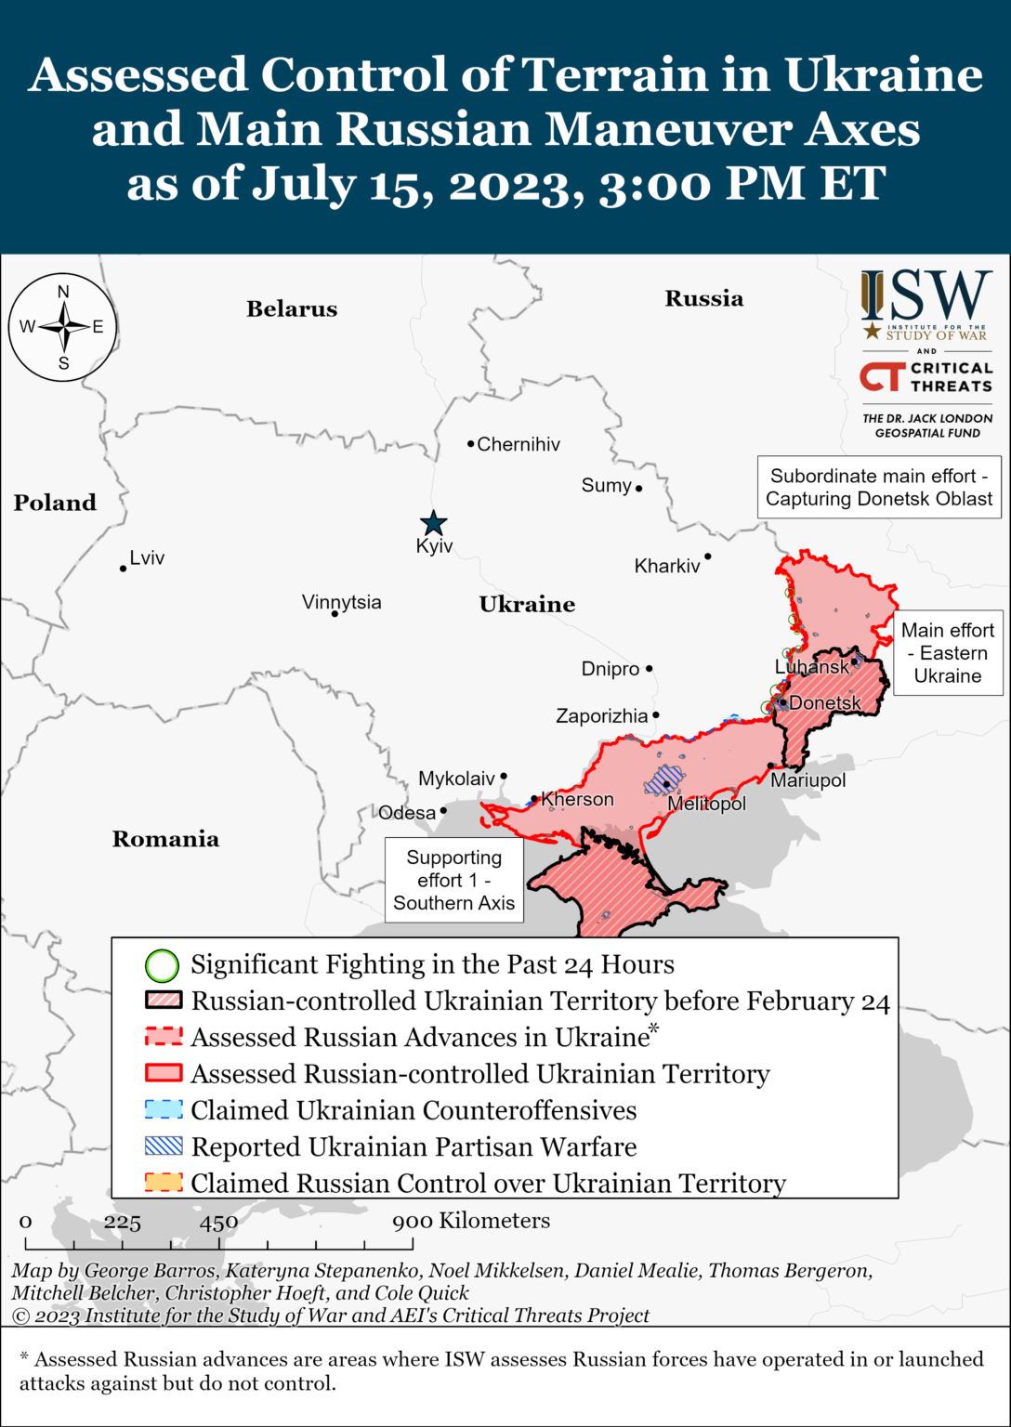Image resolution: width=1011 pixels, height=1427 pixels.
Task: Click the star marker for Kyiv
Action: pyautogui.click(x=433, y=523)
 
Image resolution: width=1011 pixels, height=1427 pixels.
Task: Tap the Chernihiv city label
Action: pyautogui.click(x=519, y=444)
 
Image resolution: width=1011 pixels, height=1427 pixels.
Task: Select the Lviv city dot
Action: pyautogui.click(x=123, y=568)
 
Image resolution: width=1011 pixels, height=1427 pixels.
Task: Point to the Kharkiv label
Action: pyautogui.click(x=667, y=566)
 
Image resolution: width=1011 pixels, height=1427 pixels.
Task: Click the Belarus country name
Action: pyautogui.click(x=292, y=309)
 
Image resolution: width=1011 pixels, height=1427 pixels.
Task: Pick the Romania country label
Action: pyautogui.click(x=165, y=839)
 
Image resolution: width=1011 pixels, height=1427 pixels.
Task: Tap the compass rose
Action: pyautogui.click(x=63, y=327)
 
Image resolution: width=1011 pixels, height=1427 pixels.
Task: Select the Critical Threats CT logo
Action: pyautogui.click(x=881, y=376)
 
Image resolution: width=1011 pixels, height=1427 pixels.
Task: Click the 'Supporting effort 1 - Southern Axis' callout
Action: pyautogui.click(x=453, y=880)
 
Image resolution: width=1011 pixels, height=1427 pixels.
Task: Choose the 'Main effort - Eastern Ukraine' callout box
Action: pyautogui.click(x=948, y=653)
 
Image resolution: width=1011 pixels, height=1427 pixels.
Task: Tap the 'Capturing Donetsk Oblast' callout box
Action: pyautogui.click(x=879, y=487)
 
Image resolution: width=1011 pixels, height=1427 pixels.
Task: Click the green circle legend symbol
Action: pyautogui.click(x=162, y=965)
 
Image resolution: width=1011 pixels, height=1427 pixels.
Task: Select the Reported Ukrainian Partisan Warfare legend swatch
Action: pyautogui.click(x=164, y=1146)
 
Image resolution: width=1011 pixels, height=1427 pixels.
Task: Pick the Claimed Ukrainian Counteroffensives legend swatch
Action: pyautogui.click(x=164, y=1110)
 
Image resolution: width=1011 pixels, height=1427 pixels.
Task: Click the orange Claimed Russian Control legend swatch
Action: pyautogui.click(x=164, y=1183)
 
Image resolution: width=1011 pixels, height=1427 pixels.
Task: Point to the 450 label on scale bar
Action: pyautogui.click(x=218, y=1222)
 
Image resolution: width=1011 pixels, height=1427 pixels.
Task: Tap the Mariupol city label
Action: pyautogui.click(x=808, y=780)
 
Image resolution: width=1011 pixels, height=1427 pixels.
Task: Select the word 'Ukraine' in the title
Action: pyautogui.click(x=883, y=74)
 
